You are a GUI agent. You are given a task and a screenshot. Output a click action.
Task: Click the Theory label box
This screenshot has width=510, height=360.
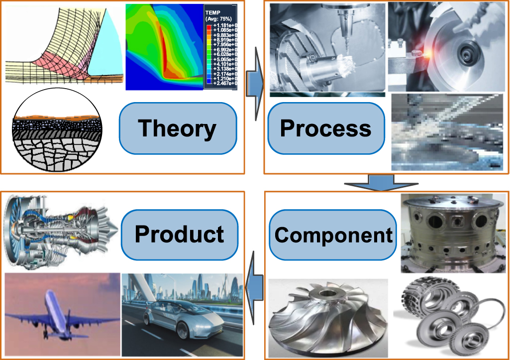[x=177, y=128]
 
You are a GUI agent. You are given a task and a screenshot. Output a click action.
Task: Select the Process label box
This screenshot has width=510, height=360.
[x=325, y=128]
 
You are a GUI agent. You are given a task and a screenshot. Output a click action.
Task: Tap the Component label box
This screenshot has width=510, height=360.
[x=333, y=235]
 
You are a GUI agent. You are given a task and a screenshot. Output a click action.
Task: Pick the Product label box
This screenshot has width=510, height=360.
[x=179, y=234]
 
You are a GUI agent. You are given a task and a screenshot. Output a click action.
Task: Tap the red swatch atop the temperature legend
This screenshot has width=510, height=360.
[x=209, y=24]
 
